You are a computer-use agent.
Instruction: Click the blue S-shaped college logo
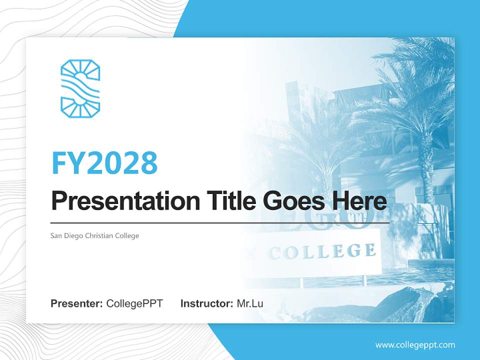80,88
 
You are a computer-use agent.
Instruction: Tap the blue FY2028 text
104,162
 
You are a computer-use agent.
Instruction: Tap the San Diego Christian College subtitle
94,235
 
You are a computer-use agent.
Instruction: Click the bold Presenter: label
77,303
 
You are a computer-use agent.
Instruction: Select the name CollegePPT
134,303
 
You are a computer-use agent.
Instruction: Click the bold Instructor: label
206,303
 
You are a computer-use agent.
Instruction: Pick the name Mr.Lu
250,303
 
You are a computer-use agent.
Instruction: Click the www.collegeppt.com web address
415,344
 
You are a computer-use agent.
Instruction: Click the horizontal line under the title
220,222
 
